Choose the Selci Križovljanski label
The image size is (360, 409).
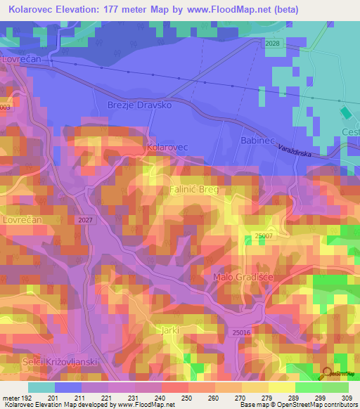click(x=48, y=361)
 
